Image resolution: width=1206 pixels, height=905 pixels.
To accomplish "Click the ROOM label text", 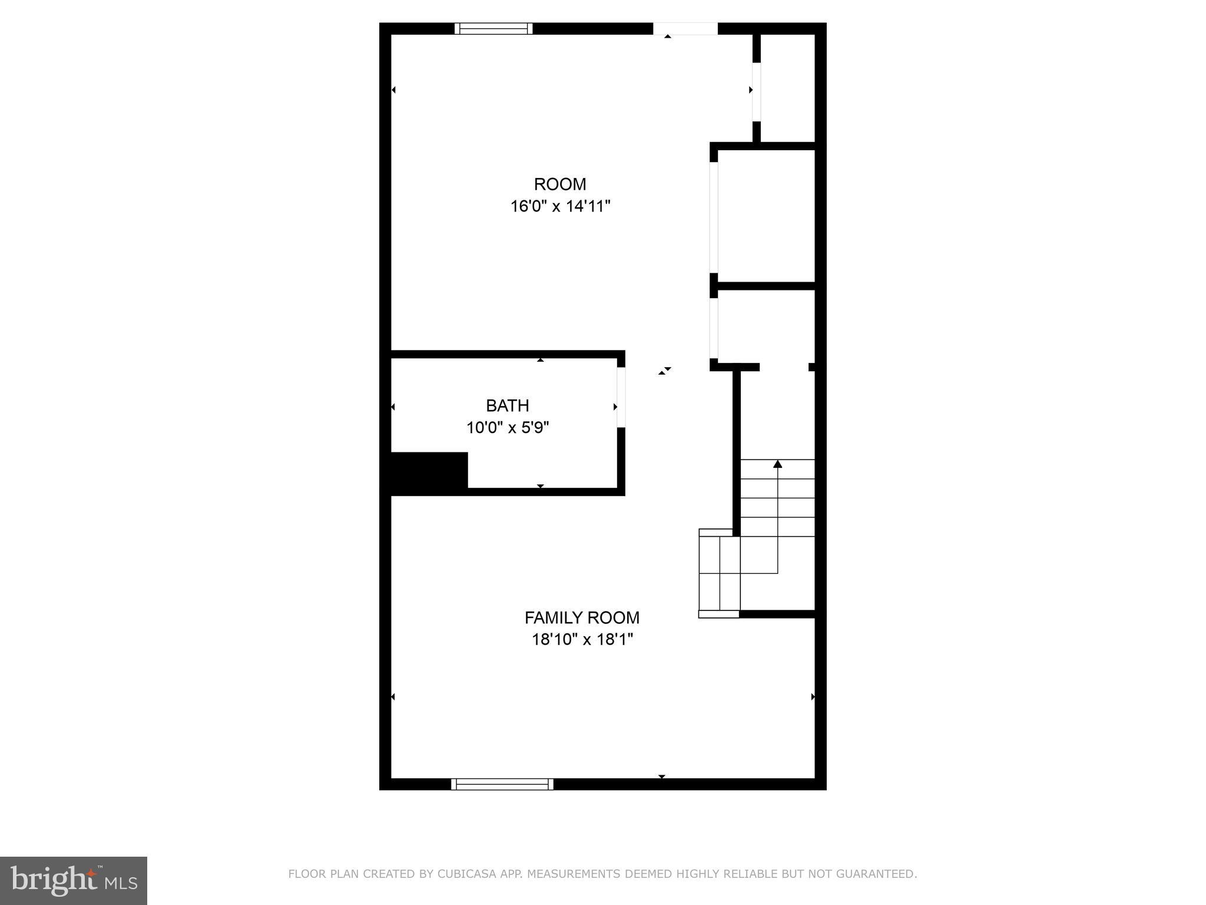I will tap(559, 184).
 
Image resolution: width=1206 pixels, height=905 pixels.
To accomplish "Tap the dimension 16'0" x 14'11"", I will tap(560, 206).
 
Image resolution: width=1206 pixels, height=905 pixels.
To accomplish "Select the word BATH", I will tap(507, 405).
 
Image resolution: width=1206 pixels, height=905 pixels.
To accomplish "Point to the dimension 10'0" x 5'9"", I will tap(508, 427).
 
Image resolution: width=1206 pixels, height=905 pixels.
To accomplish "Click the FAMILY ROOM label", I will tap(582, 617).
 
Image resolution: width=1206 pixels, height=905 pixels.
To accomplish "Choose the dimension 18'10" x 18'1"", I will tap(582, 639).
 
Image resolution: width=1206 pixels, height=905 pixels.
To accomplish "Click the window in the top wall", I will tap(493, 28).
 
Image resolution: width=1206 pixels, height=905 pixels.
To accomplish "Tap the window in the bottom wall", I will tap(502, 784).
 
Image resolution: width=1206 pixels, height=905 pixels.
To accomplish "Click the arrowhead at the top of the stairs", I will tap(777, 464).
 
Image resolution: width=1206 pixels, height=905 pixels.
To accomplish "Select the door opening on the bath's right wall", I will tap(621, 398).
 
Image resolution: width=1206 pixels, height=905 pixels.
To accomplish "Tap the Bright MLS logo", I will tap(74, 881).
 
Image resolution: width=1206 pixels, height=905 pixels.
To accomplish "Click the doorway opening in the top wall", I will tap(685, 28).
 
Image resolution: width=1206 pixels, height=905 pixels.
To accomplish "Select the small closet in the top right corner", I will tap(786, 88).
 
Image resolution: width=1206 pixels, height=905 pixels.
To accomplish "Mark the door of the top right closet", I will tap(756, 91).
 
